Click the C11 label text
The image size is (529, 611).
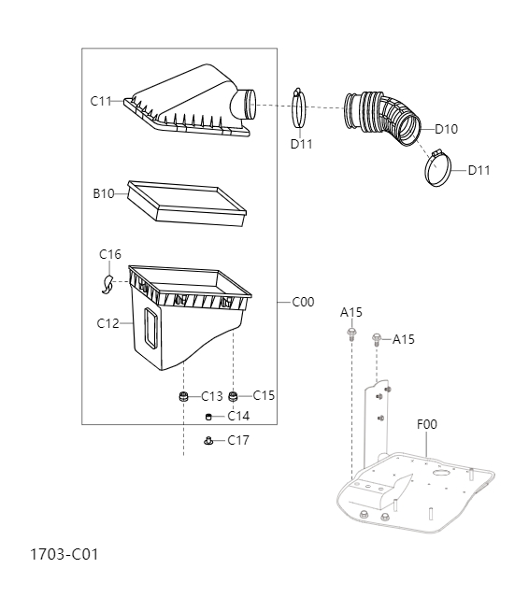click(x=101, y=101)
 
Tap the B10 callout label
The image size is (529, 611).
click(x=103, y=193)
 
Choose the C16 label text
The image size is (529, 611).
click(x=110, y=254)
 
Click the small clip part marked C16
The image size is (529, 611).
click(x=107, y=282)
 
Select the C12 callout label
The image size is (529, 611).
click(x=107, y=323)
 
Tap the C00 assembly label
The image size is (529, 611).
click(x=303, y=302)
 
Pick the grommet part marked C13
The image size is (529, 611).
click(x=184, y=398)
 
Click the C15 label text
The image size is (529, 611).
click(x=264, y=395)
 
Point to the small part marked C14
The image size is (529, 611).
click(x=209, y=417)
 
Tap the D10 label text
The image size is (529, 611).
click(x=446, y=129)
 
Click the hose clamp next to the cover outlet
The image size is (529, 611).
click(x=298, y=109)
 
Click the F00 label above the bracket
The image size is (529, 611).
click(x=426, y=424)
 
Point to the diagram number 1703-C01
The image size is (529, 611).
click(x=64, y=554)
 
